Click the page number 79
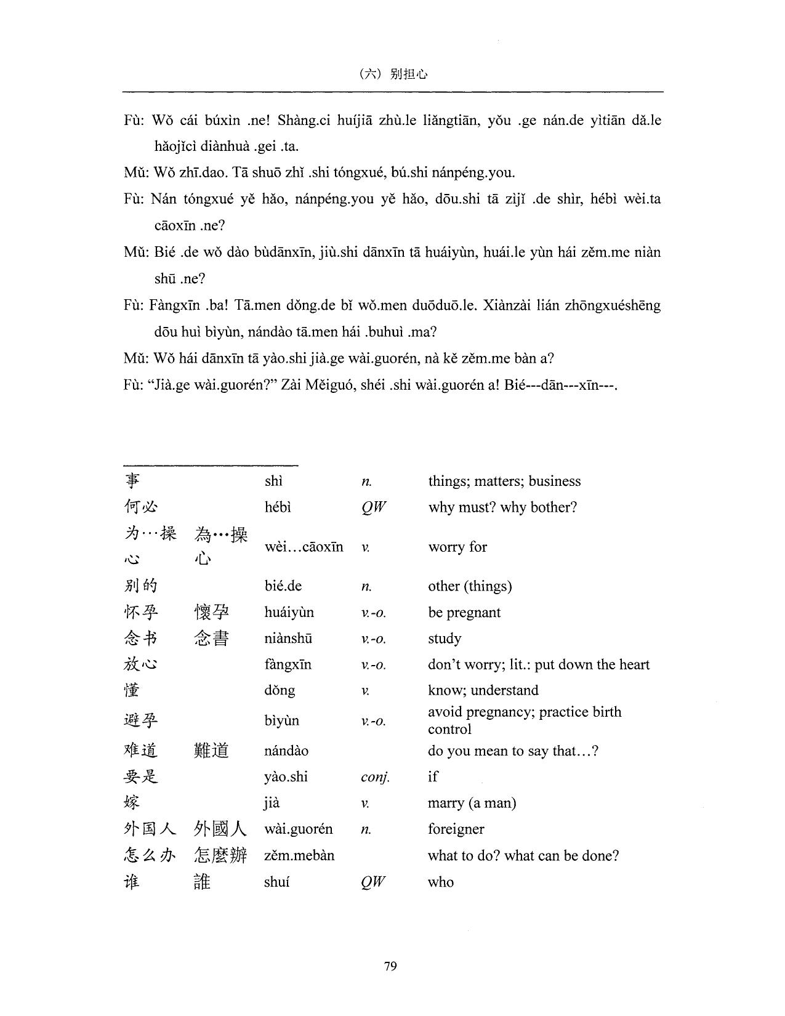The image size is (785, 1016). pos(390,966)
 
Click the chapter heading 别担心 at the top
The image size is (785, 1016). pos(409,74)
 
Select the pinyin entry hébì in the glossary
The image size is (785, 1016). pos(277,507)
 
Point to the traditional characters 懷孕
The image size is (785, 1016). pos(211,612)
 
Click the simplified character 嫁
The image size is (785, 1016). pos(132,802)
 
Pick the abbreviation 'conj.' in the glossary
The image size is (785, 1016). pos(375,777)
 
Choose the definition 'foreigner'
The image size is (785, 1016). pos(456,829)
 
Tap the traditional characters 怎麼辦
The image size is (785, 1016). pos(220,855)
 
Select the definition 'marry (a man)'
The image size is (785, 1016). pos(472,803)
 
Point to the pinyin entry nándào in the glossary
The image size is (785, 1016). pos(286,751)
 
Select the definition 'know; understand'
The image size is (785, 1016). pos(483,690)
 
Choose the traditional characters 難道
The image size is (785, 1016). pos(211,751)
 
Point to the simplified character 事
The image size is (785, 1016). pos(132,481)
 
